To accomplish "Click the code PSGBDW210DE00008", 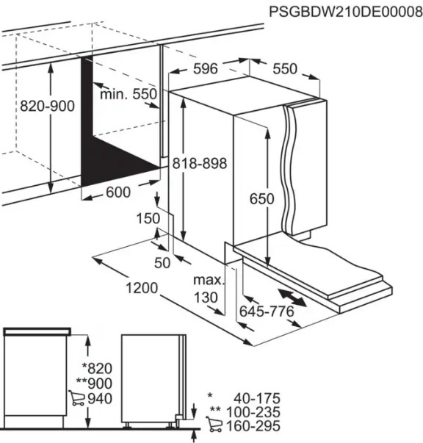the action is pyautogui.click(x=346, y=12).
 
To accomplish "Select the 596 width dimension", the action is pyautogui.click(x=206, y=68).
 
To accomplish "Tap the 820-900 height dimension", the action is pyautogui.click(x=48, y=107).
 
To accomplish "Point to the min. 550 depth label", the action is pyautogui.click(x=129, y=94).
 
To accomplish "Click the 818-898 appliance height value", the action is pyautogui.click(x=200, y=163).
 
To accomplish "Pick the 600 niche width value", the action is pyautogui.click(x=118, y=192).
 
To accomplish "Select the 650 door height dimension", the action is pyautogui.click(x=261, y=198).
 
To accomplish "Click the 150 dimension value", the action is pyautogui.click(x=148, y=218).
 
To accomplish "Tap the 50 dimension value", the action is pyautogui.click(x=162, y=263).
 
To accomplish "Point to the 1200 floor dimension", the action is pyautogui.click(x=142, y=288).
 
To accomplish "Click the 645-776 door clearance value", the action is pyautogui.click(x=267, y=311).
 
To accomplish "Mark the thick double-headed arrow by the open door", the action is pyautogui.click(x=292, y=298).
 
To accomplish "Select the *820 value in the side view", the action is pyautogui.click(x=97, y=368).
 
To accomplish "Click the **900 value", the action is pyautogui.click(x=94, y=383).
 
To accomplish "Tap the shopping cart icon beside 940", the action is pyautogui.click(x=76, y=398).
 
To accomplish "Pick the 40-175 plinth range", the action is pyautogui.click(x=257, y=398).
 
